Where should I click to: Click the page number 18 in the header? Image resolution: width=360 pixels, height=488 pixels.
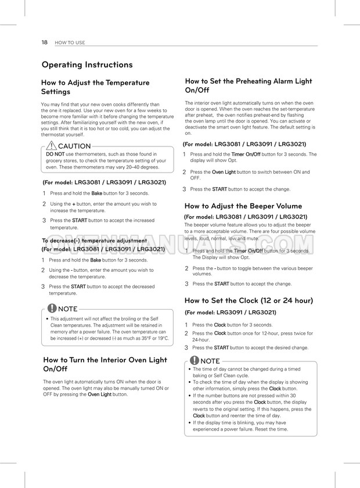click(x=45, y=42)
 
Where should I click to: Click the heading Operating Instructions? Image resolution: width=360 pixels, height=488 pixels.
click(x=87, y=64)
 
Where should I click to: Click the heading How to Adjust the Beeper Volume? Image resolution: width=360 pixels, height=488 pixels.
click(x=243, y=206)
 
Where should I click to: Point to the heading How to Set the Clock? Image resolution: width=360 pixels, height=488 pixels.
click(x=249, y=300)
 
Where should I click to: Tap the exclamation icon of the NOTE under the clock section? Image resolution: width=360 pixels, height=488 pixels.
click(x=194, y=361)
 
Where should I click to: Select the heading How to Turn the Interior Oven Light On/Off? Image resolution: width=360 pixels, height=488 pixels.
click(x=105, y=364)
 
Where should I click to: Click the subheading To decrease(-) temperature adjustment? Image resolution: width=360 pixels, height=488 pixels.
click(x=94, y=241)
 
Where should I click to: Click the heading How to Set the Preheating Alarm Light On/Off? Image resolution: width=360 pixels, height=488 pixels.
click(x=248, y=86)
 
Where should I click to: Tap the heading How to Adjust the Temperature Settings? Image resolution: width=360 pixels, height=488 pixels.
click(x=95, y=87)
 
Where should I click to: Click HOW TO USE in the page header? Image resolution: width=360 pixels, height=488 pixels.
click(x=70, y=42)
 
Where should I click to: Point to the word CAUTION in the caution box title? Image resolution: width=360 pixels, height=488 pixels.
click(x=74, y=146)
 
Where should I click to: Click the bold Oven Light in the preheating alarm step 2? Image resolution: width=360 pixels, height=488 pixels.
click(x=224, y=172)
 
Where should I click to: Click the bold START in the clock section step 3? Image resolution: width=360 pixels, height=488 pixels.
click(x=220, y=347)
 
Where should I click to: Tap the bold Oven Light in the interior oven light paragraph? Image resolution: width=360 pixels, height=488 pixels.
click(x=99, y=394)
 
